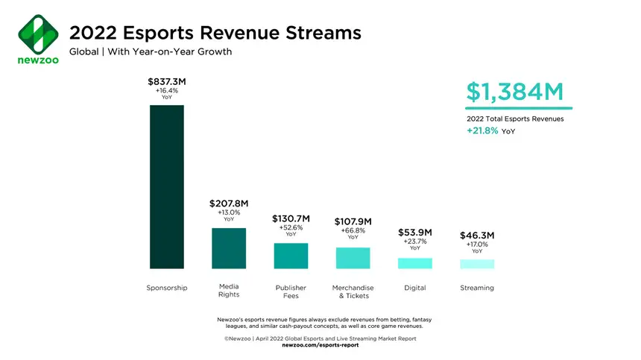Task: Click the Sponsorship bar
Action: (167, 186)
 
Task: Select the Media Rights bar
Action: (229, 247)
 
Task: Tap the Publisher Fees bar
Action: (291, 256)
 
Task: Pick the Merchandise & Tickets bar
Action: (353, 258)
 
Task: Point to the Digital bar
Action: (414, 263)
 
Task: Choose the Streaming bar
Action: (477, 264)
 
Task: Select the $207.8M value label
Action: (229, 203)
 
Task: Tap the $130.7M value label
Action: (291, 218)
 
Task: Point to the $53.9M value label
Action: (414, 233)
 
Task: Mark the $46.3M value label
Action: (477, 236)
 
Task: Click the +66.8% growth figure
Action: (353, 230)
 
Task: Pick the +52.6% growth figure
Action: (291, 227)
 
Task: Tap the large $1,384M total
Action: (515, 92)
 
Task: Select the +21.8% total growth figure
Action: (483, 130)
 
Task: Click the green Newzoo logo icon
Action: (37, 31)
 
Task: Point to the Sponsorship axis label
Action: (167, 288)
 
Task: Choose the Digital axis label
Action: (414, 288)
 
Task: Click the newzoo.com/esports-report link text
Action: (320, 345)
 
